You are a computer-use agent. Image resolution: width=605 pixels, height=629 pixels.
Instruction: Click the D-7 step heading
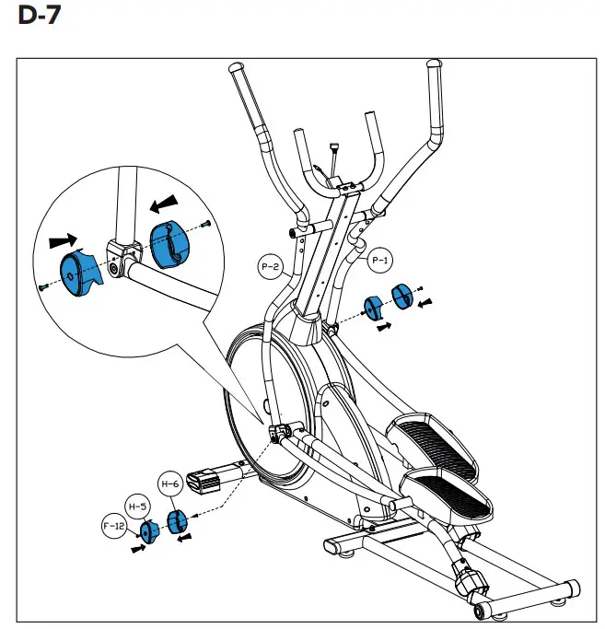click(40, 18)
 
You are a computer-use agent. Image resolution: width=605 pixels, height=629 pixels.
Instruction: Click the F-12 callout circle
click(113, 527)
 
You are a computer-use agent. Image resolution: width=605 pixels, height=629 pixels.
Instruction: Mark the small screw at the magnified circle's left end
click(42, 288)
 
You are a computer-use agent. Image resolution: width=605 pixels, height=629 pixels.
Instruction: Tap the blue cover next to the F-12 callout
click(148, 531)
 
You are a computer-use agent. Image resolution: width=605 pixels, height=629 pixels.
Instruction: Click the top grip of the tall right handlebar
click(432, 67)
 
